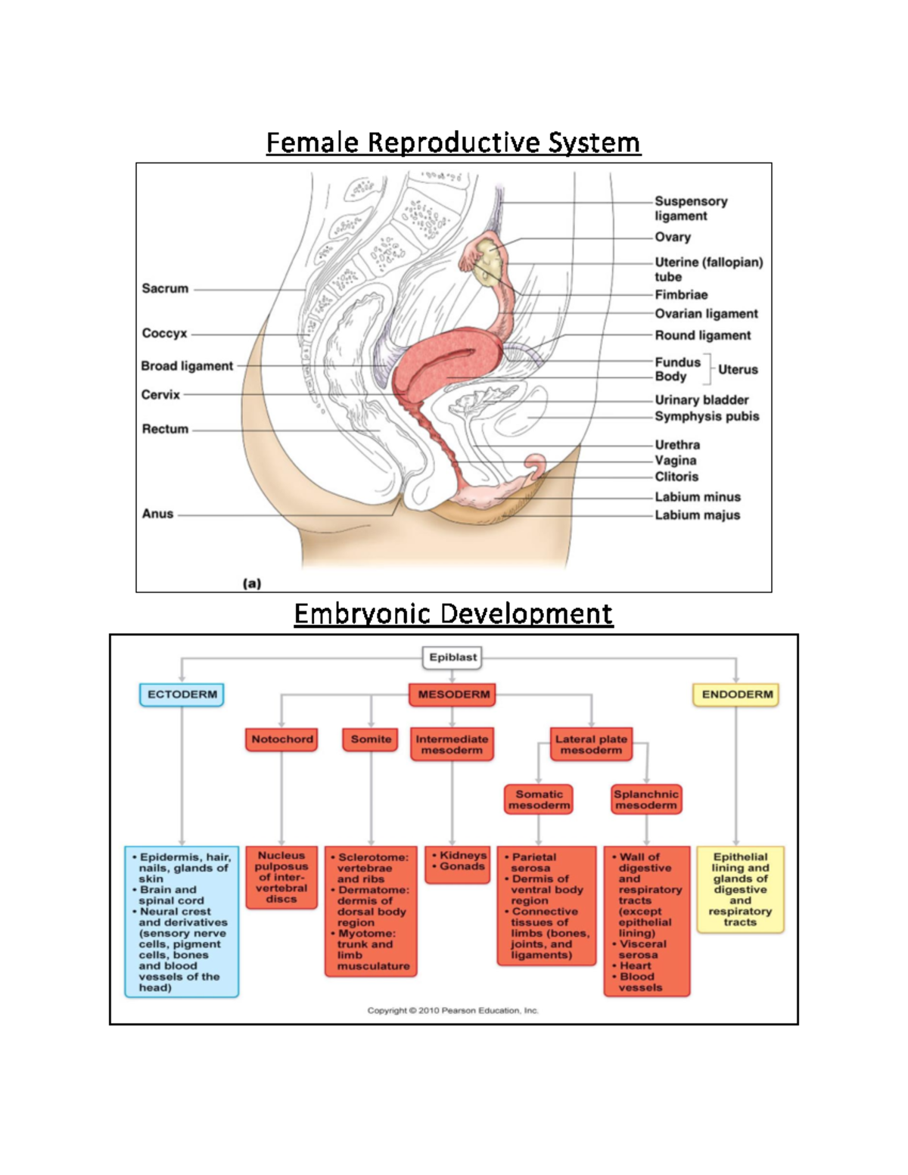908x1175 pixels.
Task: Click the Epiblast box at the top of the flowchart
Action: click(452, 657)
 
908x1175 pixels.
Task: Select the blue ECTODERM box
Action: click(182, 695)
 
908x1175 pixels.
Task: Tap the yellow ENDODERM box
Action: click(736, 695)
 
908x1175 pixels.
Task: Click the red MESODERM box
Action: click(452, 695)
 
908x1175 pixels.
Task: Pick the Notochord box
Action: click(281, 739)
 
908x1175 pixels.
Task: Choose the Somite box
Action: click(371, 739)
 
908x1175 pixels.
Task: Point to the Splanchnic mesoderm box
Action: click(646, 800)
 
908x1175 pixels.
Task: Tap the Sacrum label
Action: click(165, 288)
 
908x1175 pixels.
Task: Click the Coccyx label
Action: click(164, 333)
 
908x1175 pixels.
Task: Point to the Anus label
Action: click(157, 514)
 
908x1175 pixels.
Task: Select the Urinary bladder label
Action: click(701, 399)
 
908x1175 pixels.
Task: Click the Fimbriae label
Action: click(681, 295)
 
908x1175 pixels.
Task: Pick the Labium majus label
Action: click(697, 515)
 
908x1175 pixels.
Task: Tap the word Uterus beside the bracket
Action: click(738, 369)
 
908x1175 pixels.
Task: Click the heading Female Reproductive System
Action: click(453, 142)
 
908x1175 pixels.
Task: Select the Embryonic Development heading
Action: click(453, 613)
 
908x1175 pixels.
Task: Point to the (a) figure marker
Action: click(252, 583)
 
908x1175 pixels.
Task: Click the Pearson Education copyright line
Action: click(452, 1010)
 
